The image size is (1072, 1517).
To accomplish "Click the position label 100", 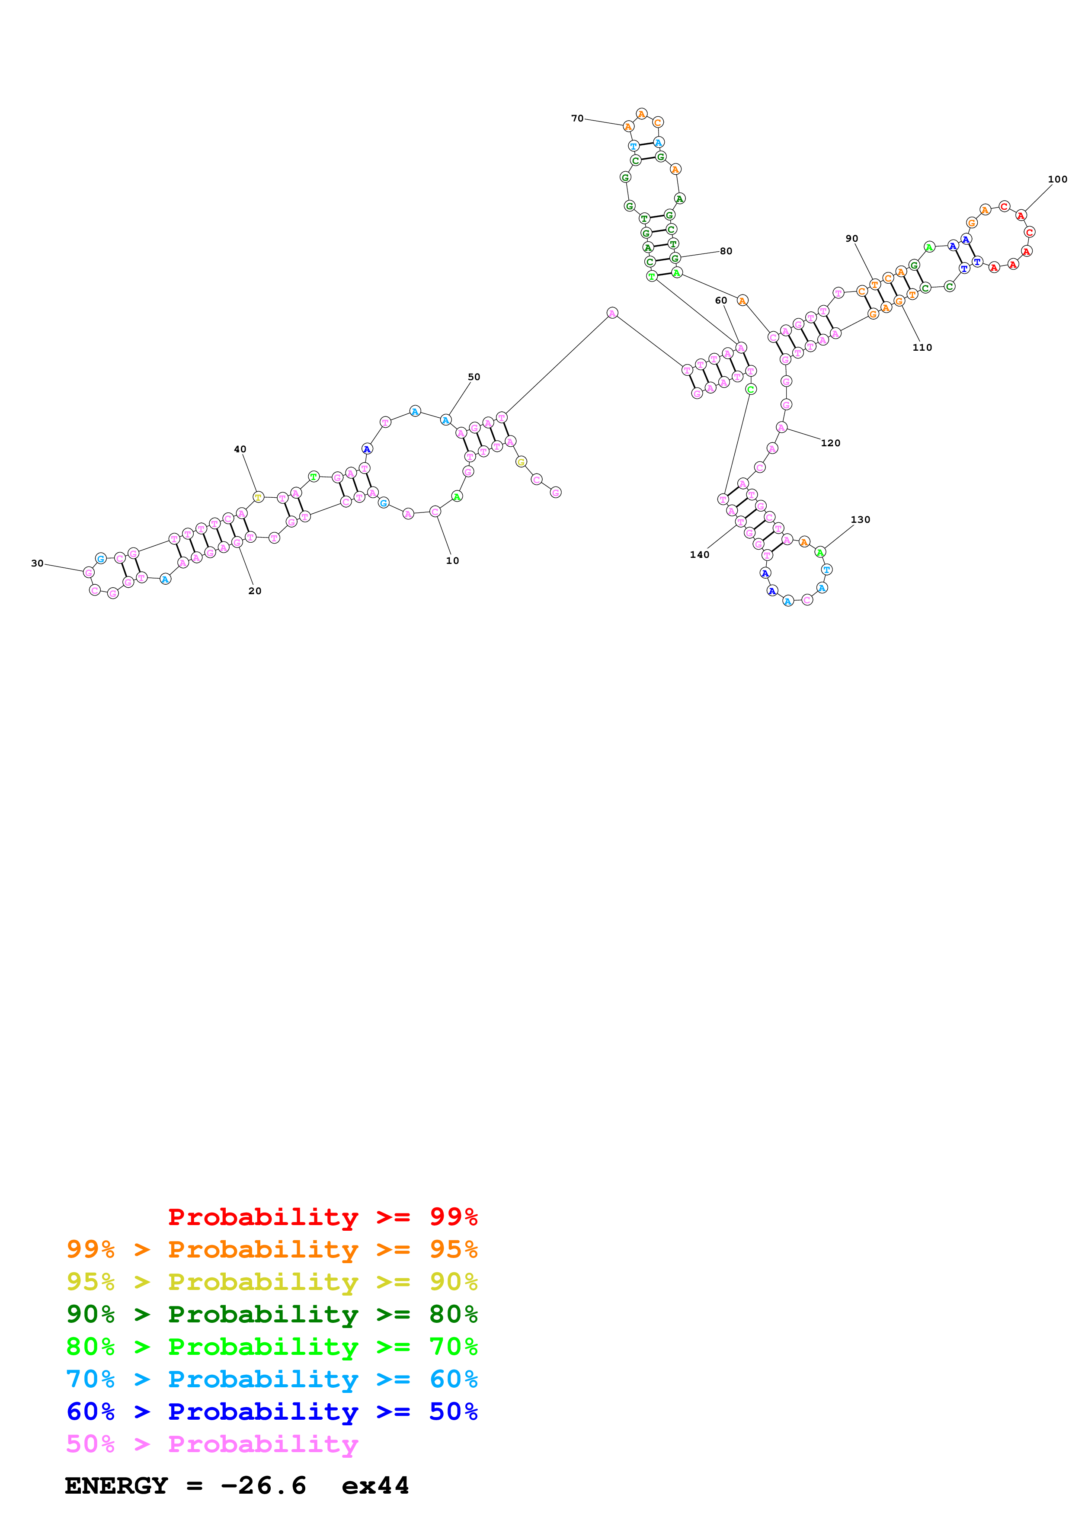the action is click(1057, 179).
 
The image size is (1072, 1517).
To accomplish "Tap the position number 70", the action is click(577, 118).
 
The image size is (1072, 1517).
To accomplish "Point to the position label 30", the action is click(37, 563).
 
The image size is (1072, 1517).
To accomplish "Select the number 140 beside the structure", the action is click(700, 554).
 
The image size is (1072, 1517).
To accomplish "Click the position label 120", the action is click(830, 443).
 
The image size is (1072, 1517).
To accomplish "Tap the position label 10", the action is click(452, 560).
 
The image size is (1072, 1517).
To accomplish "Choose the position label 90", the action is click(852, 239).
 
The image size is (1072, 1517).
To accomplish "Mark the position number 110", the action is click(922, 348).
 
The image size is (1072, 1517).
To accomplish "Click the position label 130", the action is click(860, 519).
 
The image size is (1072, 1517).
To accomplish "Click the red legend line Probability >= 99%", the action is click(322, 1216).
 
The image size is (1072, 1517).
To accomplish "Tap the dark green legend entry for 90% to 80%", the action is click(272, 1314).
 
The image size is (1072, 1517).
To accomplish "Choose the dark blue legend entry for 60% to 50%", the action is click(272, 1411).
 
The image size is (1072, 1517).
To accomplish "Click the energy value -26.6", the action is click(263, 1485).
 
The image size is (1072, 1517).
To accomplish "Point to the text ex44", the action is click(375, 1485).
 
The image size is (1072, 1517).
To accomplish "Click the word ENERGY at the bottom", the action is click(116, 1485).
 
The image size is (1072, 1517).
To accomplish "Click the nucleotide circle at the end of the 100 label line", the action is click(1021, 215).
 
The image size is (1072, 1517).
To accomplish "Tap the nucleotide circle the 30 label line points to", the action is click(89, 572).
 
